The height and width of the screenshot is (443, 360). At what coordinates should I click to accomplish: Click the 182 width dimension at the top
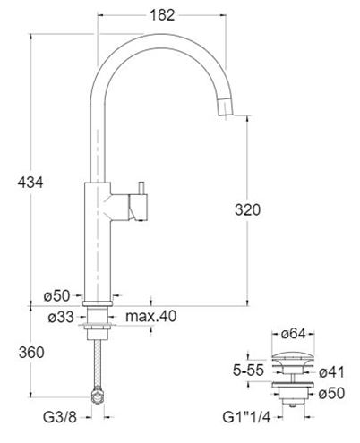(162, 15)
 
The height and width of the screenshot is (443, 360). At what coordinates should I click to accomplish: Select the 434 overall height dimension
(30, 183)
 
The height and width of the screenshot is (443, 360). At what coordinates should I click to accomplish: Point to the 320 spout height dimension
(247, 209)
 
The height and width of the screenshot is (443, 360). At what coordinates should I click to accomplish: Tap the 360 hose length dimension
(31, 353)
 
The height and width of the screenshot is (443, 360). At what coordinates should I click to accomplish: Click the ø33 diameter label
(61, 317)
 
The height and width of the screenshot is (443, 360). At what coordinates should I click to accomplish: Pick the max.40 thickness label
(151, 316)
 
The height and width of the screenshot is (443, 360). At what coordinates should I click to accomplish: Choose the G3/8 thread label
(60, 417)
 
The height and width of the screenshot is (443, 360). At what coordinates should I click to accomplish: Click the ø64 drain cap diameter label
(294, 334)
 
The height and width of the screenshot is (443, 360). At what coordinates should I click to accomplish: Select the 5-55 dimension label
(248, 371)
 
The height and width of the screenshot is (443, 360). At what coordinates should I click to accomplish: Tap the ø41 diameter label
(331, 372)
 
